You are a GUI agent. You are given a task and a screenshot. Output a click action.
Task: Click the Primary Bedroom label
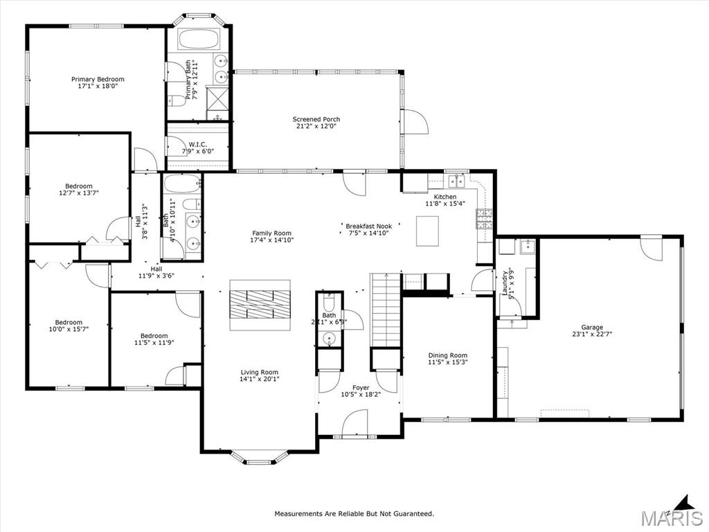pos(98,79)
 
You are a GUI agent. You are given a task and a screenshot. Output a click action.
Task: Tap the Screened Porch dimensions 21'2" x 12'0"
pos(316,126)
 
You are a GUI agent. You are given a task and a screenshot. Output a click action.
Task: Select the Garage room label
pos(592,327)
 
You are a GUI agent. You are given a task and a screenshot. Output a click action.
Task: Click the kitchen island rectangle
pos(427,231)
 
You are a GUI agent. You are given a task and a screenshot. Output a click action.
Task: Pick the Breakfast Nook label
pos(369,226)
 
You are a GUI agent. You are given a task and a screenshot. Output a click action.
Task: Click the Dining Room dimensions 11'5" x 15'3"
pos(447,362)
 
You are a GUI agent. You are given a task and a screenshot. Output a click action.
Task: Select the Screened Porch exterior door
pos(415,123)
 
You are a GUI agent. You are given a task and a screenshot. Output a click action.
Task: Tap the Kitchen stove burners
pos(483,219)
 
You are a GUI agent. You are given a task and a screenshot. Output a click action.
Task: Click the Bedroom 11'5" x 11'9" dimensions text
pos(154,342)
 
